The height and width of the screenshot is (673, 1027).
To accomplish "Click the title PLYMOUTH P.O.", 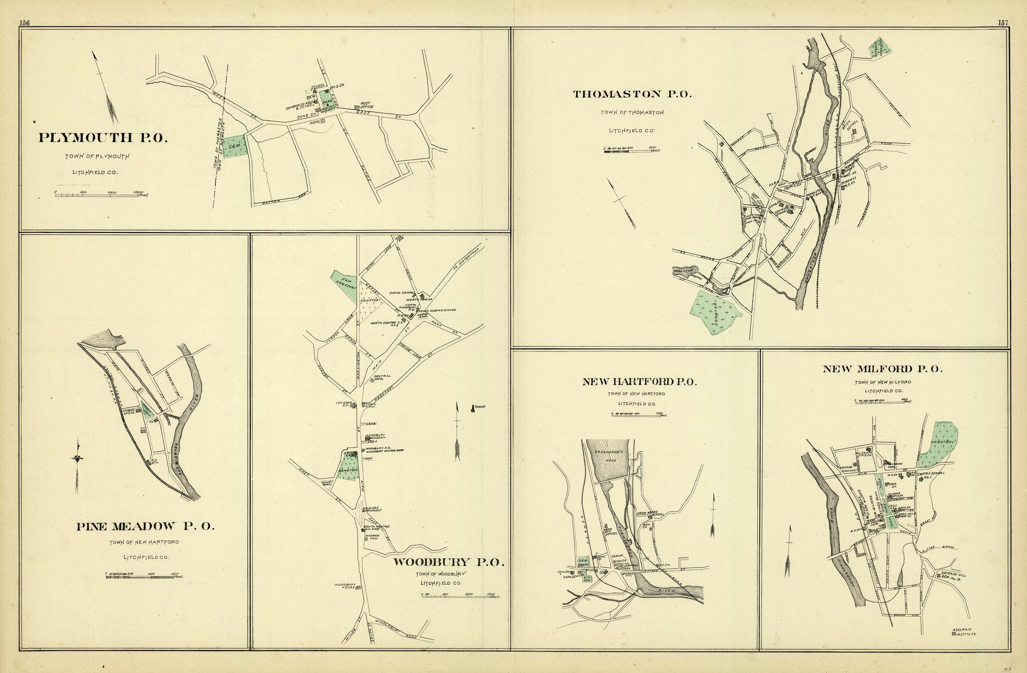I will coord(103,138).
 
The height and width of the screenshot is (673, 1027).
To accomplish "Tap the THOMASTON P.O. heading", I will coord(632,94).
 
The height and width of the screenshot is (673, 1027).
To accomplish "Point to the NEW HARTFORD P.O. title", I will coord(639,382).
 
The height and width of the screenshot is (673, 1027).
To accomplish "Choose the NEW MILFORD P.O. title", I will coord(882,369).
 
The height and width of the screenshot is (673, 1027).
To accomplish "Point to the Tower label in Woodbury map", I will coord(479,407).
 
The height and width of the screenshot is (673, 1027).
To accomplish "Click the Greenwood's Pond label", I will coord(610,456).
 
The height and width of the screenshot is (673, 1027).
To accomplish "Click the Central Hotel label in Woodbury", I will coord(382,377).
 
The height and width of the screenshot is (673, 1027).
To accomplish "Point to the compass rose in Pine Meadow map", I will coord(77,459).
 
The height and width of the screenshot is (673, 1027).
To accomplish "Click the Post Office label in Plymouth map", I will coord(367,105).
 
